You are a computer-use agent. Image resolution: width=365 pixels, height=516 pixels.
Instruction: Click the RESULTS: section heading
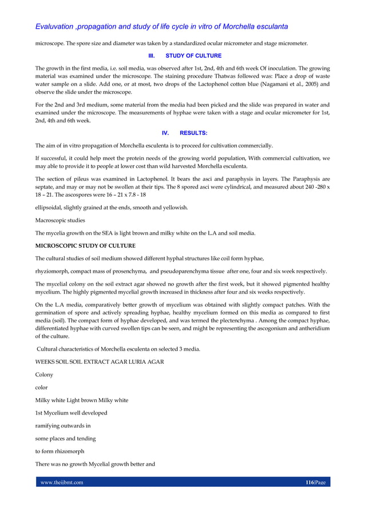coord(193,132)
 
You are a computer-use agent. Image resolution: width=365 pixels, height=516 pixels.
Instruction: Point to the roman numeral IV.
coord(165,132)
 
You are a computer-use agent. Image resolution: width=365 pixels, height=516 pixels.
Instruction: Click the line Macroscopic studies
coord(60,220)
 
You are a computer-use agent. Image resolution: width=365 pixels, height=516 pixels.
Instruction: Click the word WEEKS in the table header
coord(47,362)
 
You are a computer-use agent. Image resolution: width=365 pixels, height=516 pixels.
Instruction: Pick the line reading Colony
coord(44,375)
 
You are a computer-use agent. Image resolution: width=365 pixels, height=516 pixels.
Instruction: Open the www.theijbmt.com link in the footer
coord(61,482)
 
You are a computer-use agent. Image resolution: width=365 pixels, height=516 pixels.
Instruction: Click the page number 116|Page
coord(315,482)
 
